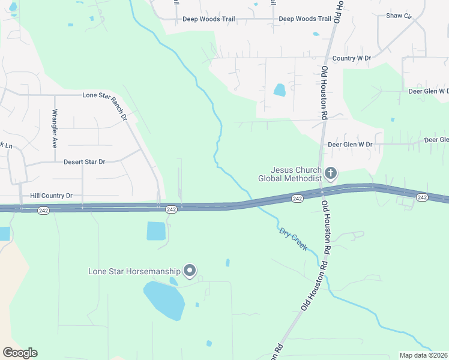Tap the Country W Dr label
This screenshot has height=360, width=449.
point(352,58)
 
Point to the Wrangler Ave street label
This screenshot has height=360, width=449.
point(54,129)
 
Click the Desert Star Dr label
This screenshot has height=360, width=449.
point(84,162)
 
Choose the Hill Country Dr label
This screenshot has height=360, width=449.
point(51,196)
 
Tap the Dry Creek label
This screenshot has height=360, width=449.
point(293,239)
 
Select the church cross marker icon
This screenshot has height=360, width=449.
point(330,174)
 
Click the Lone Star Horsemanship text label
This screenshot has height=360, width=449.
point(134,272)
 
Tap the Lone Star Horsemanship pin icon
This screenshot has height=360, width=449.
point(190,271)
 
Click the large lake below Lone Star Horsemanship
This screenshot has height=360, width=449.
point(164,300)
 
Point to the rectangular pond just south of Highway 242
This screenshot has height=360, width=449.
point(156,231)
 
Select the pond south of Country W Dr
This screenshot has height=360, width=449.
point(280,90)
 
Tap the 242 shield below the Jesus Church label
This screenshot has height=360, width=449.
point(297,199)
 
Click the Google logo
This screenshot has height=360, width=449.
point(20,353)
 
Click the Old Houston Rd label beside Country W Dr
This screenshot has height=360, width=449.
point(324,93)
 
